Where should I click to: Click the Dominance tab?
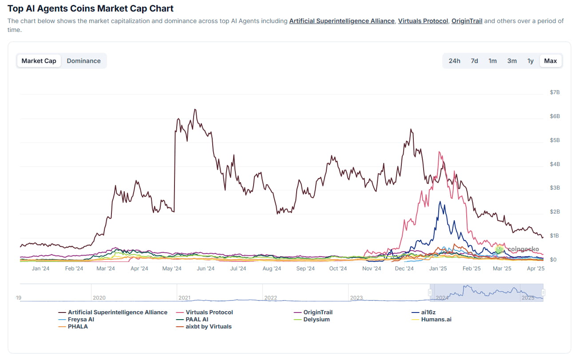pyautogui.click(x=83, y=61)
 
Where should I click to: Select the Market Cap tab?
pyautogui.click(x=39, y=61)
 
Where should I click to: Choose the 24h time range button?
pyautogui.click(x=454, y=61)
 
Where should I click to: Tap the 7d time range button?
pyautogui.click(x=474, y=61)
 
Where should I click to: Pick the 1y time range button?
pyautogui.click(x=530, y=61)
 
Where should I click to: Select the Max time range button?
pyautogui.click(x=550, y=61)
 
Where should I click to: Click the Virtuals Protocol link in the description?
pyautogui.click(x=423, y=21)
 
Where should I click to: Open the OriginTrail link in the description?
pyautogui.click(x=467, y=21)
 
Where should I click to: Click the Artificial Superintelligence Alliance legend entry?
pyautogui.click(x=117, y=313)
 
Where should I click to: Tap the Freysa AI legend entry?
pyautogui.click(x=81, y=320)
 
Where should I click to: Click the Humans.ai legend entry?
pyautogui.click(x=436, y=320)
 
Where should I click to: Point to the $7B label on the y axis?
pyautogui.click(x=555, y=92)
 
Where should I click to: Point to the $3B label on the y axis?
pyautogui.click(x=555, y=188)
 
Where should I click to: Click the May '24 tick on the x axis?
pyautogui.click(x=172, y=269)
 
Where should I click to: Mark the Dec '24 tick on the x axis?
pyautogui.click(x=404, y=269)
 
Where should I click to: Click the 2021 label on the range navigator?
pyautogui.click(x=184, y=298)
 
